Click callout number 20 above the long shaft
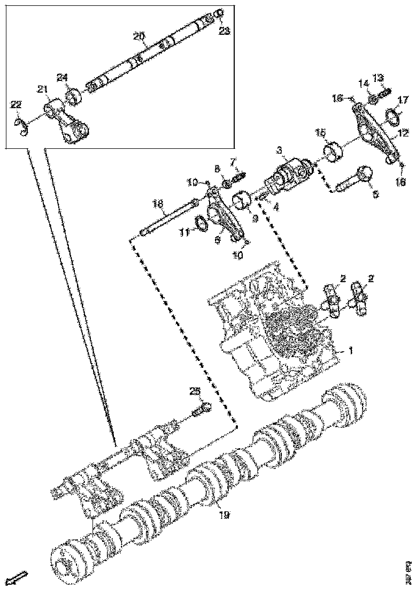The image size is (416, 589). click(x=139, y=36)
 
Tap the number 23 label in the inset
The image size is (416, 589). click(x=225, y=31)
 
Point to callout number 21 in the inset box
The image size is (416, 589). click(x=42, y=89)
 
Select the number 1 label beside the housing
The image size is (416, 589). click(x=350, y=351)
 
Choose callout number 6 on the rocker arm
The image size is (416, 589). click(x=217, y=240)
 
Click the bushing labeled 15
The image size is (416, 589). click(x=333, y=152)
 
